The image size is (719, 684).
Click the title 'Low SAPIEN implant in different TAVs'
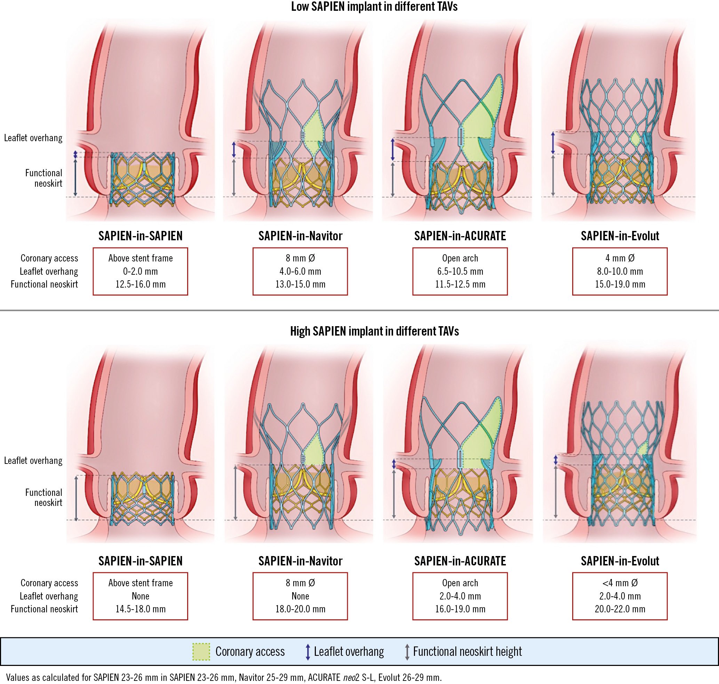374,7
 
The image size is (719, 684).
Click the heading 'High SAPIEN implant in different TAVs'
374,331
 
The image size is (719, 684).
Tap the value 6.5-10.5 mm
460,271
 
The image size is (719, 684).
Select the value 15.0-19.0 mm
620,284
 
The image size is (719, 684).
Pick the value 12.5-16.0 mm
141,284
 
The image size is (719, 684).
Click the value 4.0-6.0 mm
300,271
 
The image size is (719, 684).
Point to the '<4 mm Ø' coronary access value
620,583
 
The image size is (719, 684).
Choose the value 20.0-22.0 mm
620,609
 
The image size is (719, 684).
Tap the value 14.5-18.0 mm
141,609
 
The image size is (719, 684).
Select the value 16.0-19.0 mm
460,609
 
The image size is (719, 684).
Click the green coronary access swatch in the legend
201,652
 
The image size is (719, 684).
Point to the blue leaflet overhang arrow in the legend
308,652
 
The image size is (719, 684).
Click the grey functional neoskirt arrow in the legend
407,652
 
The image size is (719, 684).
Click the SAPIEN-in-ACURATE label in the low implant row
460,236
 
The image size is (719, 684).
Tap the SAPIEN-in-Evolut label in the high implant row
620,561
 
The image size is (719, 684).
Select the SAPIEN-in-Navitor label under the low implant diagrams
300,236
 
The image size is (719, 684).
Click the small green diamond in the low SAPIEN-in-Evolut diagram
635,139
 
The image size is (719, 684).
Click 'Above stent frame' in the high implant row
141,583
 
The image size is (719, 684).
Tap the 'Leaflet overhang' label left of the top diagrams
33,138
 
